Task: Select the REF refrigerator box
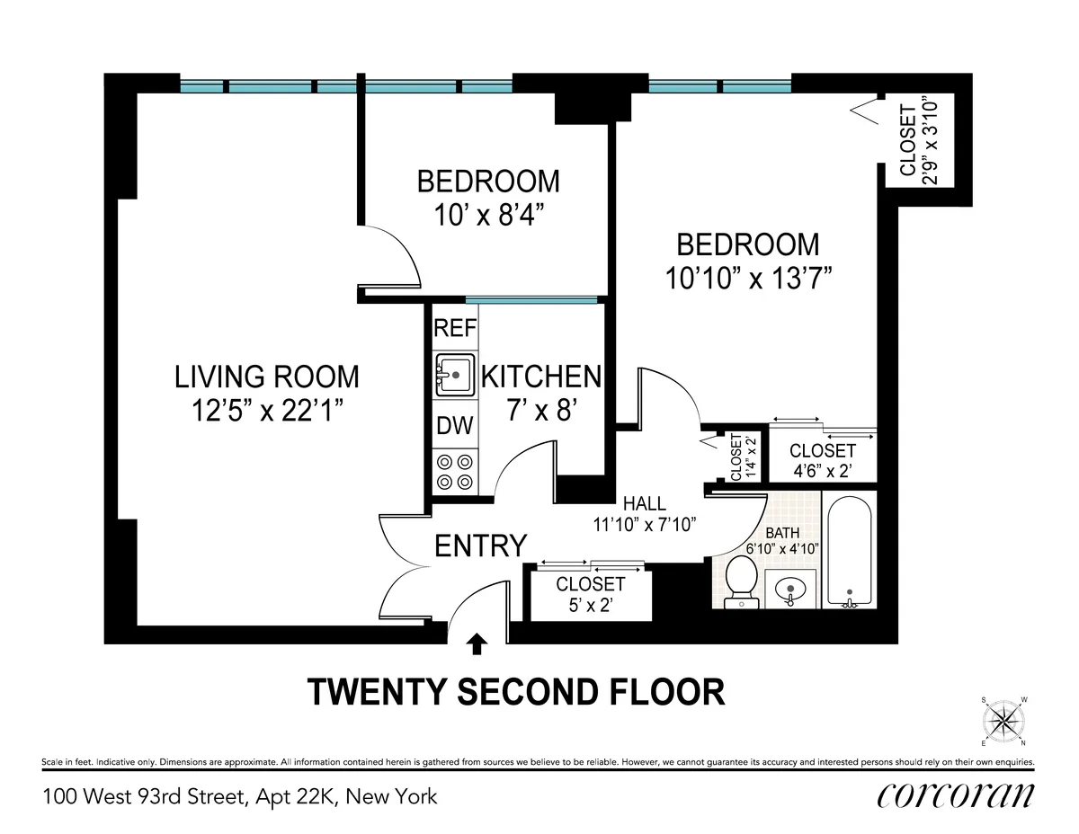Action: (455, 328)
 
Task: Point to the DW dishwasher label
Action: (455, 426)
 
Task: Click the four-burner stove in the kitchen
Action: (455, 472)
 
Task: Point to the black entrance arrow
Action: (478, 643)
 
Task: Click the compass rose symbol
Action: (1003, 721)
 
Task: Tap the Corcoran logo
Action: (954, 795)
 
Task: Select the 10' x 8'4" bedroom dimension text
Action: (487, 217)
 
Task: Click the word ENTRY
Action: (480, 546)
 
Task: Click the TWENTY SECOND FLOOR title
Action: (516, 692)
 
